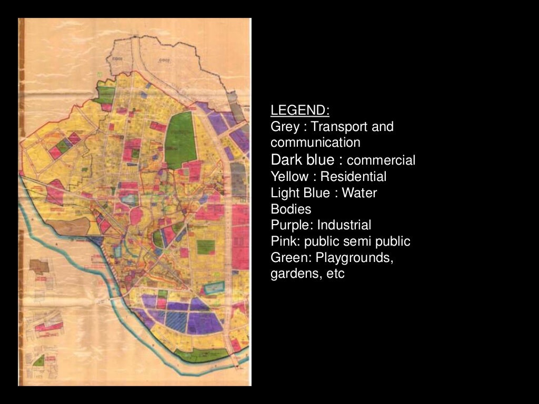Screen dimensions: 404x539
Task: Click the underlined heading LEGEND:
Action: (300, 110)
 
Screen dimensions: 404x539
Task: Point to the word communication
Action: (315, 143)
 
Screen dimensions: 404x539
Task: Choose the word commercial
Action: (382, 160)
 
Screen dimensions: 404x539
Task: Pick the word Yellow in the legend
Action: (290, 176)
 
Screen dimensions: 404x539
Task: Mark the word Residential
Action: (353, 176)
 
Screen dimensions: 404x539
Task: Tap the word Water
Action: (360, 193)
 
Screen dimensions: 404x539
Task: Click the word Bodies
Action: (291, 209)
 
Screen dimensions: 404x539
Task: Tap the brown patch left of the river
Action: (39, 266)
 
